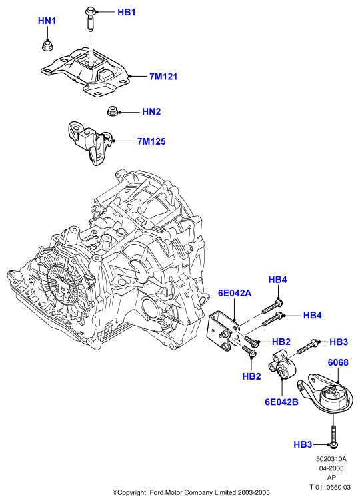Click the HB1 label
126,12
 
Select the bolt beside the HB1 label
90,20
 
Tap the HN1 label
47,21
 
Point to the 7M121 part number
163,77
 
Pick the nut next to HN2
112,111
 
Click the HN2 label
151,111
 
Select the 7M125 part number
151,141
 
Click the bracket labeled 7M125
89,143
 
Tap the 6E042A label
235,293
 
